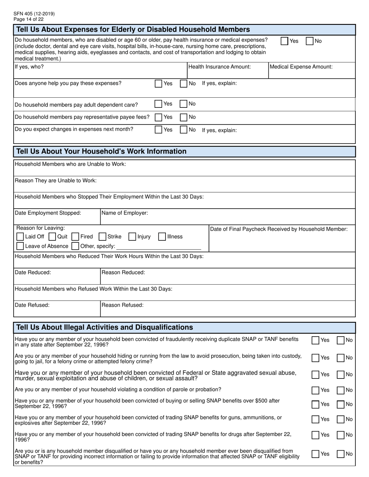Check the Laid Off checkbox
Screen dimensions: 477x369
tap(20, 237)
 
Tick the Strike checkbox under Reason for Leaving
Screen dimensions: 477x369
tap(103, 237)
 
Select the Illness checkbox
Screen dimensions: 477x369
tap(162, 237)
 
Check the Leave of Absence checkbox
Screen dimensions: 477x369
tap(20, 246)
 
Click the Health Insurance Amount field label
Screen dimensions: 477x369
tap(219, 67)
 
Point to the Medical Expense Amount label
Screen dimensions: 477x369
tap(301, 67)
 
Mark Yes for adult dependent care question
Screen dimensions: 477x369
tap(158, 104)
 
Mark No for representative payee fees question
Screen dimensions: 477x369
tap(184, 117)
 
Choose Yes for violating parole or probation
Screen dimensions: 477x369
tap(316, 390)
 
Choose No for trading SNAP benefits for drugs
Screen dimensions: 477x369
tap(341, 435)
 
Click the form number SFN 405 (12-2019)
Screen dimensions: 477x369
tap(34, 14)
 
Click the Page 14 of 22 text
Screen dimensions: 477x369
tap(28, 19)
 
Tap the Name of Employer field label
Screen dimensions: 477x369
tap(125, 213)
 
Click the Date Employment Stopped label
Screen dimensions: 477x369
tap(48, 213)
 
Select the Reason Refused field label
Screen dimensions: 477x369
tap(122, 305)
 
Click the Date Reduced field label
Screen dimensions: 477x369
tap(33, 273)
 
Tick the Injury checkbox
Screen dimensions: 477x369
tap(132, 237)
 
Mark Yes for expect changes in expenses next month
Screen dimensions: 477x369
tap(158, 130)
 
